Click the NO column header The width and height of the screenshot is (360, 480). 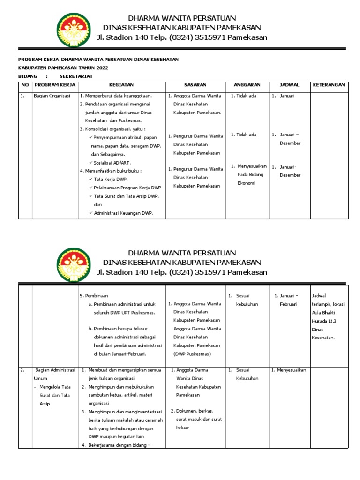point(24,85)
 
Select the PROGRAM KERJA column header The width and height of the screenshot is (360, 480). point(52,85)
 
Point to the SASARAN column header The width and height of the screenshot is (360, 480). point(195,85)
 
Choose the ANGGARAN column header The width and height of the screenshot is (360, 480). point(247,85)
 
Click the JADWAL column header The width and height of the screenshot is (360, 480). point(289,85)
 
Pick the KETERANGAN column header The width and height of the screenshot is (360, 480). point(329,85)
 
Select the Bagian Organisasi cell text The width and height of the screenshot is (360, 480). point(52,96)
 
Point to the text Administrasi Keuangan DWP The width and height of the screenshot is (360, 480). point(124,213)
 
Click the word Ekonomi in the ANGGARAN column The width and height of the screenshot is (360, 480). point(246,183)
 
